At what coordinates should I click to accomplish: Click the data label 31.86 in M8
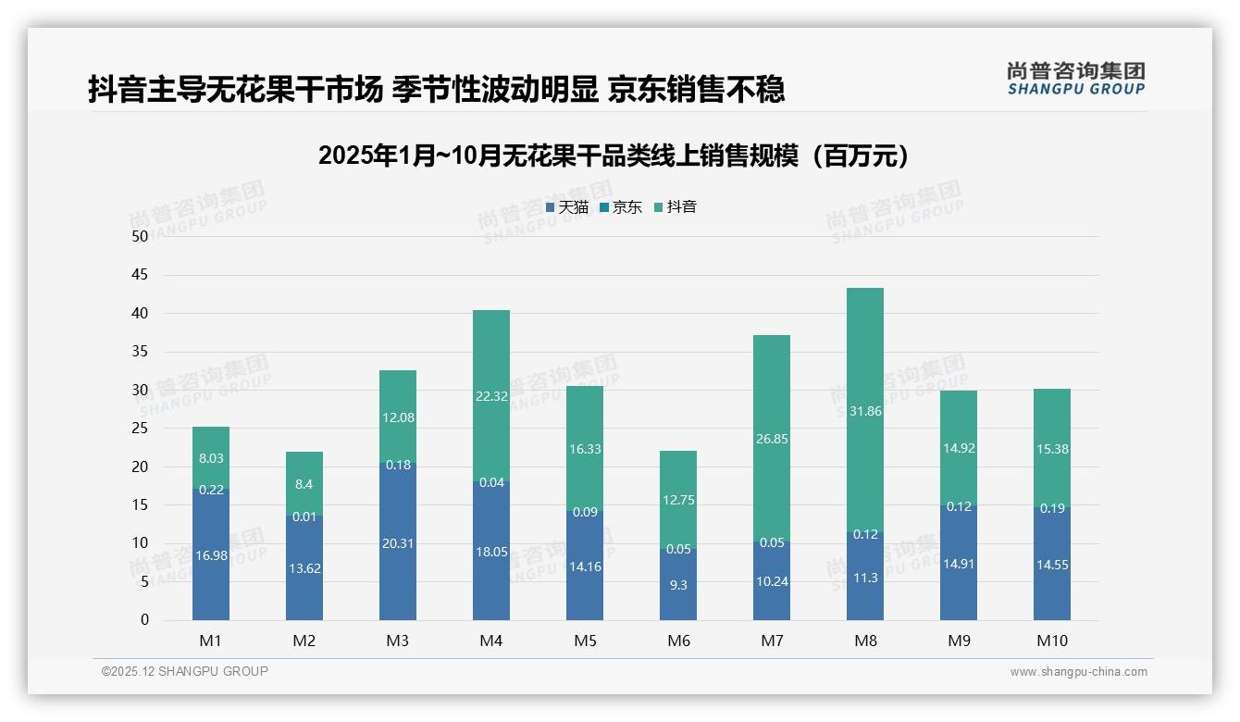tap(864, 411)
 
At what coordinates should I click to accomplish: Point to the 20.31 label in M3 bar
tap(398, 543)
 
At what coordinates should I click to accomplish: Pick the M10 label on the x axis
tap(1051, 641)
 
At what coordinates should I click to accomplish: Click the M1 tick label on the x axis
tap(211, 641)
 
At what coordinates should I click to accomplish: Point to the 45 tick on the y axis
tap(140, 275)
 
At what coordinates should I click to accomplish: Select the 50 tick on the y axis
tap(140, 236)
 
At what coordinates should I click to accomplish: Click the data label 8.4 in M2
tap(304, 484)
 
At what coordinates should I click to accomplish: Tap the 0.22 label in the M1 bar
tap(211, 490)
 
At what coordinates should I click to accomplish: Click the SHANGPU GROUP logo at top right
tap(1075, 79)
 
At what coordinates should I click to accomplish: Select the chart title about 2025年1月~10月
tap(613, 156)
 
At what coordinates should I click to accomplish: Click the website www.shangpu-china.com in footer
tap(1078, 672)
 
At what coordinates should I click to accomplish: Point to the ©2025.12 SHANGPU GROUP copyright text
tap(185, 672)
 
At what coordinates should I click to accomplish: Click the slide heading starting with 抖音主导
tap(436, 89)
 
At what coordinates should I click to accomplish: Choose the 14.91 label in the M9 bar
tap(959, 564)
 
